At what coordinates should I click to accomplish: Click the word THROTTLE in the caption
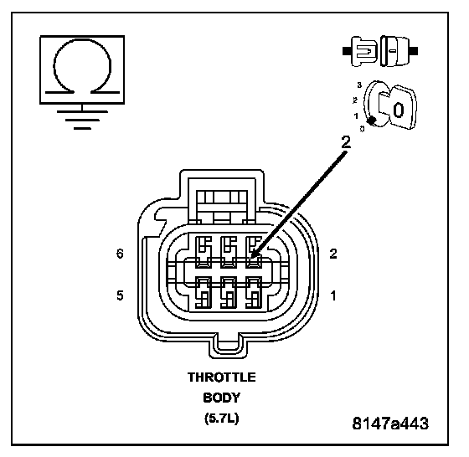coord(222,377)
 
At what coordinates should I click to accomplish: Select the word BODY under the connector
coord(222,398)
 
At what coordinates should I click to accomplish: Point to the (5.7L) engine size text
coord(222,418)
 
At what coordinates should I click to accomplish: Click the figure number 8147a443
coord(390,424)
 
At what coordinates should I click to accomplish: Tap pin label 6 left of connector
coord(120,254)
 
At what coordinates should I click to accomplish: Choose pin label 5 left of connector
coord(120,295)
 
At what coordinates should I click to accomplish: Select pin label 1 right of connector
coord(333,296)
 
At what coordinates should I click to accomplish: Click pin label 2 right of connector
coord(333,254)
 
